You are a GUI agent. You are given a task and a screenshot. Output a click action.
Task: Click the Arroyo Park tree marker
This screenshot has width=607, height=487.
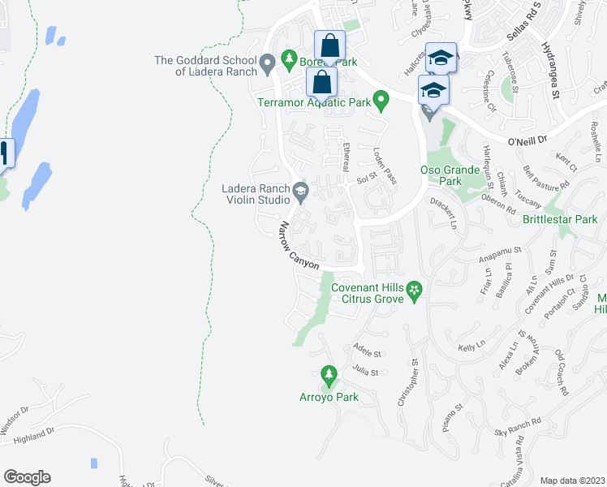click(x=329, y=376)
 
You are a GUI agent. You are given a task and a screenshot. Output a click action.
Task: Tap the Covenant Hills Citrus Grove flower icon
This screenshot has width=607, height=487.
click(x=414, y=289)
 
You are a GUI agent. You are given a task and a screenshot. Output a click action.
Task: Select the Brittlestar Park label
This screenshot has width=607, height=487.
click(x=560, y=219)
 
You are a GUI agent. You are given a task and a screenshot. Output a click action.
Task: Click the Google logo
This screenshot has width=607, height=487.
click(x=27, y=477)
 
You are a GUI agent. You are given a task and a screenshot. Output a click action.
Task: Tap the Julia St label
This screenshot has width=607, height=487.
click(x=366, y=372)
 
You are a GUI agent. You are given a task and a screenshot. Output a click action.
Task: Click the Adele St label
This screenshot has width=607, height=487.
click(x=367, y=352)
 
